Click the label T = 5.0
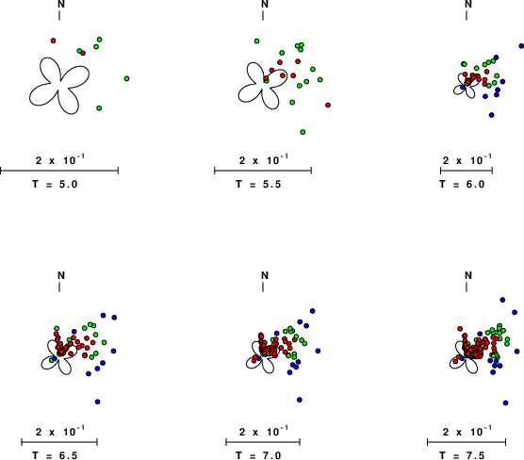55,184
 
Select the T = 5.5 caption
258,184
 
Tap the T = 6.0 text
462,184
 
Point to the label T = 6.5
55,455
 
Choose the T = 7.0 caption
258,455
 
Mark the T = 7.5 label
462,455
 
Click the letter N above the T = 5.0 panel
61,4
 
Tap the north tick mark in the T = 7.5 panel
467,287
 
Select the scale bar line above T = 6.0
467,171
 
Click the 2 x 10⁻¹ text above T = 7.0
264,432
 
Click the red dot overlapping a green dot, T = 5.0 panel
83,53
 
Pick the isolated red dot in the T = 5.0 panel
53,41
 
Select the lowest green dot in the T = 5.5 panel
303,132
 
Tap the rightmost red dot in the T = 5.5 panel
328,105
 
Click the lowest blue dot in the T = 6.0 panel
492,115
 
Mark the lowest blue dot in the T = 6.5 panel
98,402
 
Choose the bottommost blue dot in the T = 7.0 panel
300,400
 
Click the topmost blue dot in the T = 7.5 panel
502,300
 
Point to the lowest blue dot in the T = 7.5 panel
505,402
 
